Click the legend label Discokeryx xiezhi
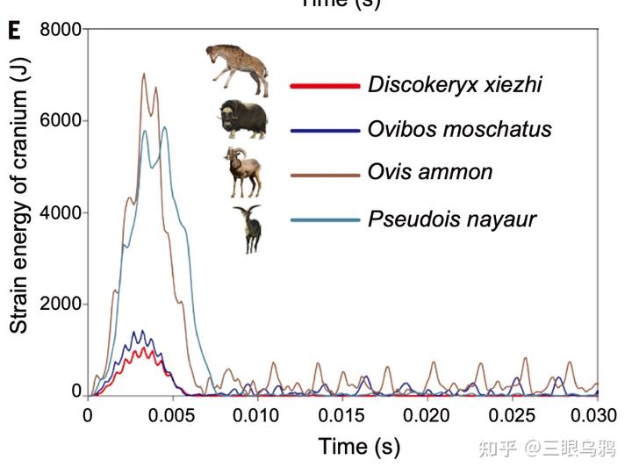click(x=455, y=85)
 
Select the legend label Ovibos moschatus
click(x=460, y=130)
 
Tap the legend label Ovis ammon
click(x=430, y=172)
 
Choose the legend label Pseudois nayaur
click(x=452, y=219)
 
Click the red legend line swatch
click(x=325, y=86)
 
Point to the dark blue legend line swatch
click(x=325, y=130)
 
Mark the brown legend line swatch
click(x=325, y=174)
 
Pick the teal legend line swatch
click(x=325, y=219)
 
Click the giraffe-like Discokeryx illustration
click(x=238, y=68)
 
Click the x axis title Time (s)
click(x=359, y=446)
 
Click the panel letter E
click(x=13, y=32)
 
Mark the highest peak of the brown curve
click(x=144, y=74)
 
